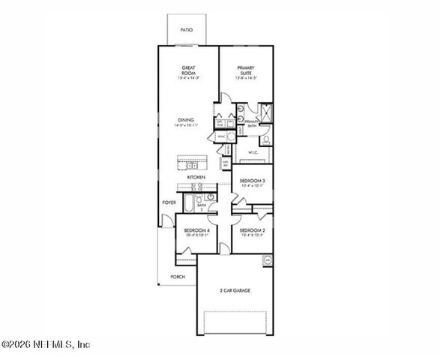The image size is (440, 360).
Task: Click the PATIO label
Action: tap(187, 30)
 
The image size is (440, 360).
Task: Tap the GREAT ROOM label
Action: tap(187, 69)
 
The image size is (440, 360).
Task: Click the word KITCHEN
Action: tap(196, 177)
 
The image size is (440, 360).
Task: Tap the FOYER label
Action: tap(170, 202)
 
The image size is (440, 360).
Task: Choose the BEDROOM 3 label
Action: tap(253, 181)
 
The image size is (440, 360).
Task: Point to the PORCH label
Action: tap(177, 277)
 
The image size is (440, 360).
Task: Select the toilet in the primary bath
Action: tap(266, 137)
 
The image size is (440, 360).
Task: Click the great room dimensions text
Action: tap(187, 78)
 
